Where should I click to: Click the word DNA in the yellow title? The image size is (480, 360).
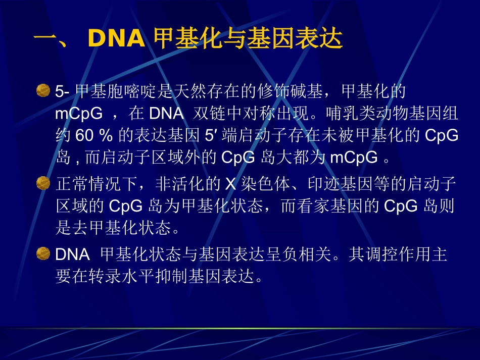(x=116, y=38)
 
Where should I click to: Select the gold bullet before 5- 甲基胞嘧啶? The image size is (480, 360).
(x=43, y=91)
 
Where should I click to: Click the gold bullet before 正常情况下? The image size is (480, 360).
(x=43, y=183)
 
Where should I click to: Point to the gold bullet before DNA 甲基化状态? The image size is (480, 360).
(x=43, y=253)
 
